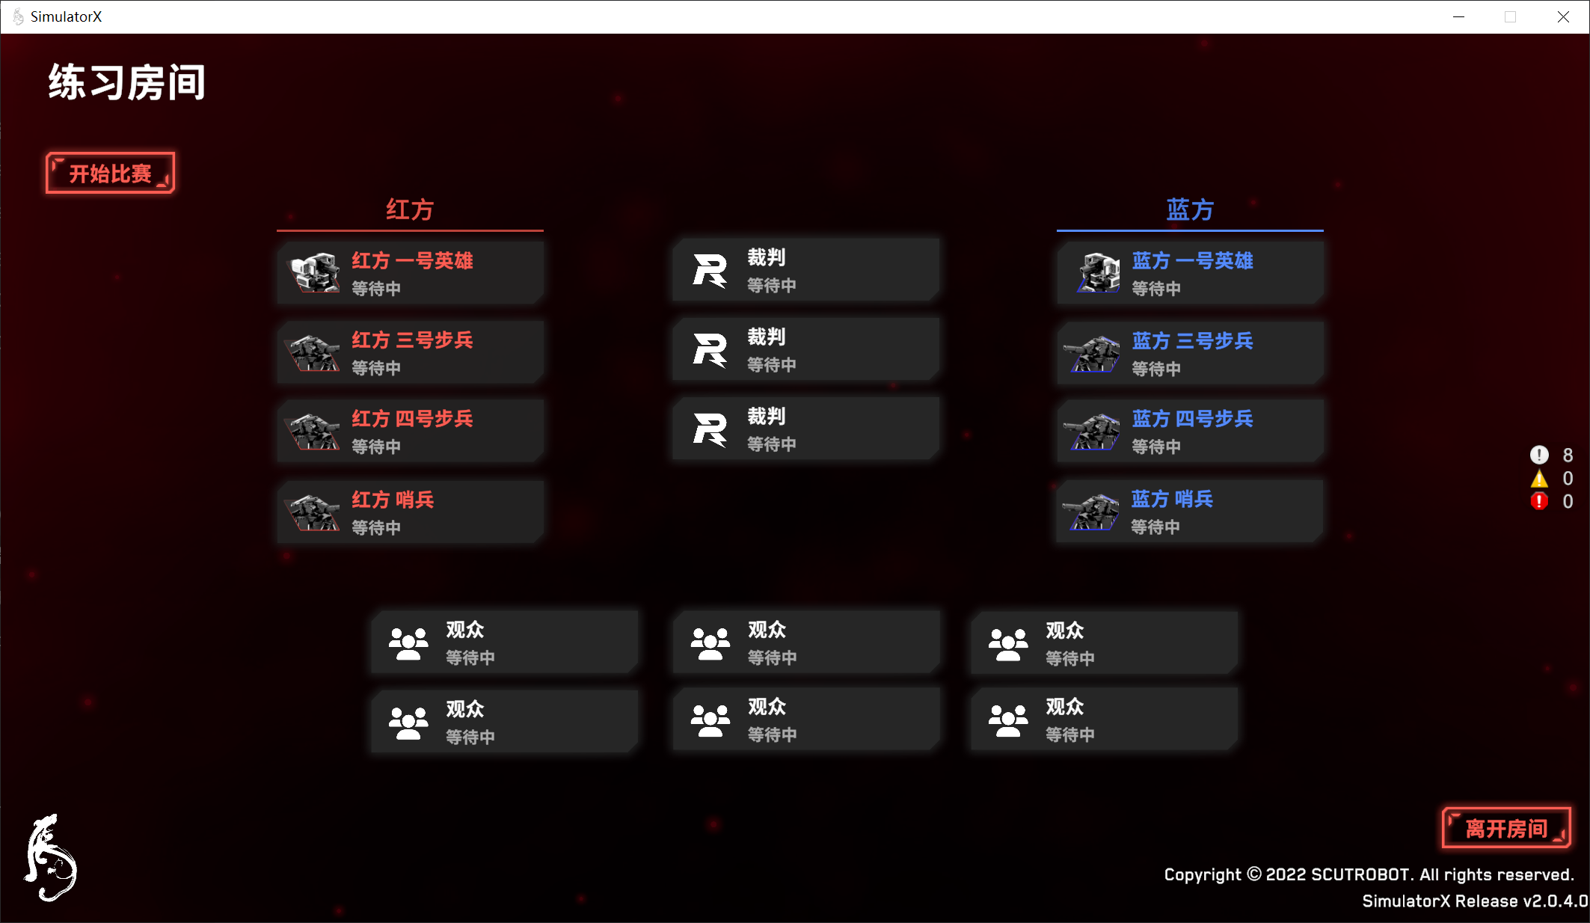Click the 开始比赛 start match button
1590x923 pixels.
(x=110, y=174)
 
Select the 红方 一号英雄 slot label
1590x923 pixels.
(x=412, y=260)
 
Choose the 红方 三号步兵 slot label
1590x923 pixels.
(x=412, y=340)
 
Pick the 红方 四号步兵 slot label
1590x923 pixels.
(x=412, y=419)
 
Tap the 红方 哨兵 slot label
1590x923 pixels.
(x=393, y=500)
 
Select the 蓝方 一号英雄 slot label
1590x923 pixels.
(x=1192, y=260)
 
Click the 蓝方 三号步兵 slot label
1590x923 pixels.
(x=1192, y=341)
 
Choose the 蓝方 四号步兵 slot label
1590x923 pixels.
(x=1192, y=419)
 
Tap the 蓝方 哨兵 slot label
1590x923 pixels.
(x=1172, y=499)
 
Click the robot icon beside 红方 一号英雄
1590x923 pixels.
(x=314, y=272)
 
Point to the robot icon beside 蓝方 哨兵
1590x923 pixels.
(x=1093, y=512)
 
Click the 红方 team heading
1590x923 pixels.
(x=409, y=209)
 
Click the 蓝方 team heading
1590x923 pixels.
(x=1190, y=209)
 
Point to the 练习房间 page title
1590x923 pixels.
(x=127, y=82)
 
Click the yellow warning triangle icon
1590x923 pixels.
(x=1539, y=479)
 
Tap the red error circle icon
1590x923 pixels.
(x=1539, y=501)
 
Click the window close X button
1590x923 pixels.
(x=1563, y=16)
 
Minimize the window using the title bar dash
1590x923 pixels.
(x=1458, y=16)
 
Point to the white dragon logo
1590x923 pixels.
(x=51, y=858)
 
